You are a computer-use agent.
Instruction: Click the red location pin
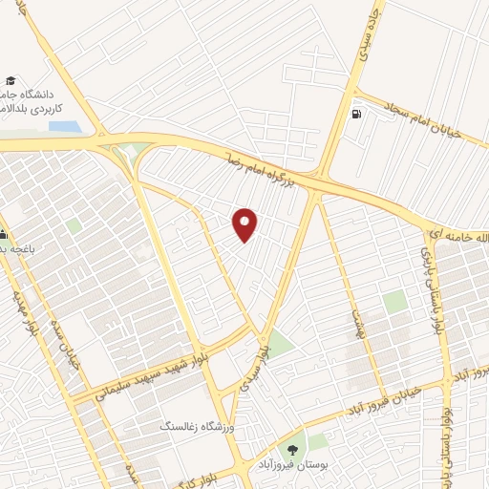245,223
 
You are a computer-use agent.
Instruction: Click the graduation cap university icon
11,82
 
